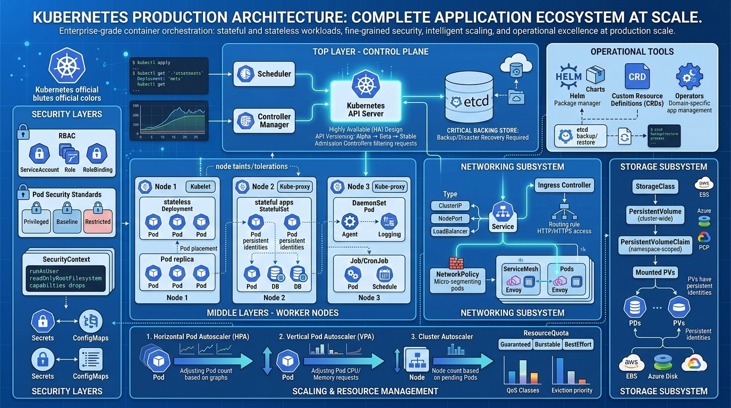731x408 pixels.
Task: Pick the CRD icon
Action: pos(637,76)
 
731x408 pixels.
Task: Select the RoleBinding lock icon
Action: pos(97,154)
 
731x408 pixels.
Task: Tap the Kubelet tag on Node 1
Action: pos(200,186)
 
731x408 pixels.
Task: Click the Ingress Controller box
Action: pos(564,185)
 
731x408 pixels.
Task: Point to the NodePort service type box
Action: pos(450,218)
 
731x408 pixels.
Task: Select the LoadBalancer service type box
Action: pos(450,231)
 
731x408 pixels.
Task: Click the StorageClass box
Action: pos(654,186)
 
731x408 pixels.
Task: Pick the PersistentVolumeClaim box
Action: pos(655,244)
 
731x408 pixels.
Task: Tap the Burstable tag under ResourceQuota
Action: pos(547,344)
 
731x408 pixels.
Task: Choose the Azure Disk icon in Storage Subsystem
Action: pos(662,363)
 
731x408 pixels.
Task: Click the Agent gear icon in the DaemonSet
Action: pos(350,221)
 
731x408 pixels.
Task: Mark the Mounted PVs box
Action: pos(654,273)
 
